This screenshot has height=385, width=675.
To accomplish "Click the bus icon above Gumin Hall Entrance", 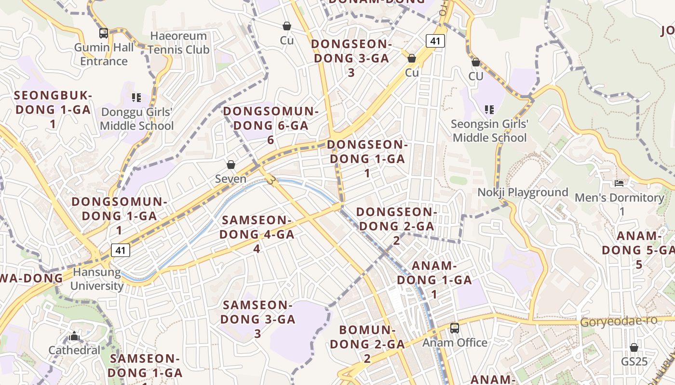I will click(104, 33).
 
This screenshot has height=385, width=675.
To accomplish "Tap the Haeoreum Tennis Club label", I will click(178, 43).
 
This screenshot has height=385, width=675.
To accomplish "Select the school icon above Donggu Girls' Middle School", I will click(136, 98).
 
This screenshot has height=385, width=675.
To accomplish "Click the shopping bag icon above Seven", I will click(231, 165).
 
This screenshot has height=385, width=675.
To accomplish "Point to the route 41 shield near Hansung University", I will click(120, 250).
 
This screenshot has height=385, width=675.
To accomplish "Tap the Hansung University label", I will click(97, 279).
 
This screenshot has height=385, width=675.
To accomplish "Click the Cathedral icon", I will click(74, 336).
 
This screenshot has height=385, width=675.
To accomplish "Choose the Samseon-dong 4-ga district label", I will click(256, 234).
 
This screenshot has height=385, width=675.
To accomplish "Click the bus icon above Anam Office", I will click(455, 328).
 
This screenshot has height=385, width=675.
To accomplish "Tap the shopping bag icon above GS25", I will click(634, 347).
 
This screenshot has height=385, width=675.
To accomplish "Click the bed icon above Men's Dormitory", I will click(619, 183).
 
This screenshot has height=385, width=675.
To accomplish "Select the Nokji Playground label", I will click(523, 192).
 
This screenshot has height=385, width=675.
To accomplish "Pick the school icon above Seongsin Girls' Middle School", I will click(489, 110).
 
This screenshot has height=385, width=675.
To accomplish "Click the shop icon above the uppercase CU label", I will click(476, 63).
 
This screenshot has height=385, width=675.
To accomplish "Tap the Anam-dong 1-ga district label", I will click(434, 280).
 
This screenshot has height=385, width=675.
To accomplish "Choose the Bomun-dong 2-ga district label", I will click(367, 344).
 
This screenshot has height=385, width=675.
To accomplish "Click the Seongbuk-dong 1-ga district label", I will click(53, 109).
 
